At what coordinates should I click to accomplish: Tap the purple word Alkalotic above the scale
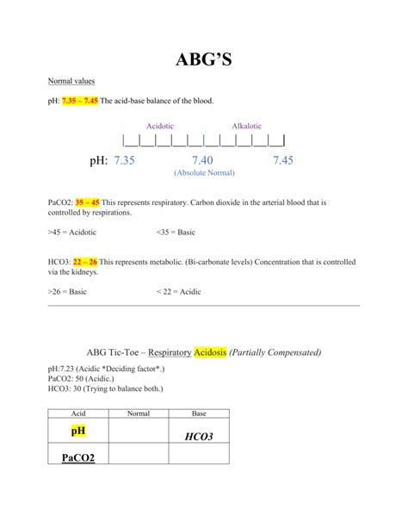tap(247, 126)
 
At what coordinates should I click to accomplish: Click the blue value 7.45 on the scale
tap(283, 160)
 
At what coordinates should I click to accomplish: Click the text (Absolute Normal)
tap(204, 173)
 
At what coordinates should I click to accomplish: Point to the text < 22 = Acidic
tap(179, 292)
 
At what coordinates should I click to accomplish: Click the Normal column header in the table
tap(139, 413)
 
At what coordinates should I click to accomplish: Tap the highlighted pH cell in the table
tap(78, 429)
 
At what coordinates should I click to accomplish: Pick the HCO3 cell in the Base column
tap(199, 437)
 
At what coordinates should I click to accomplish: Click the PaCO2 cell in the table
tap(78, 457)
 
